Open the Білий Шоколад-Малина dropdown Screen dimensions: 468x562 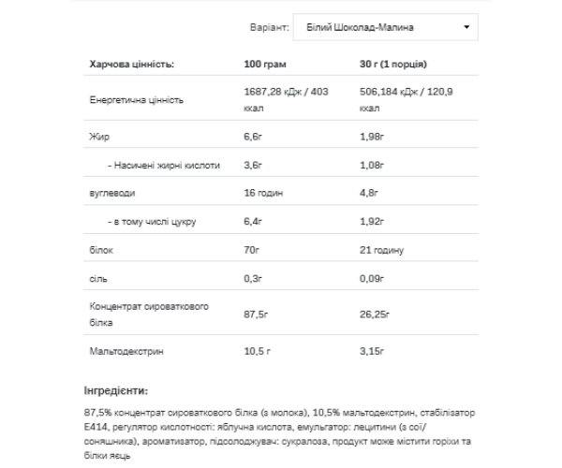385,28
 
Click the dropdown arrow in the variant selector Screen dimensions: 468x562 466,28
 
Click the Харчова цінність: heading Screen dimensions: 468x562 132,65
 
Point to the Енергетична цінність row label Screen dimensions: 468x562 137,99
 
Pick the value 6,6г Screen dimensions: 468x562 253,138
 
